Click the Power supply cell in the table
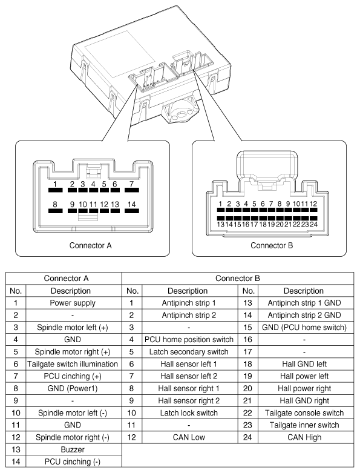coord(73,303)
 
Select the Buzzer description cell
coord(73,449)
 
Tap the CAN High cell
coord(304,437)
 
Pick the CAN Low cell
coord(189,437)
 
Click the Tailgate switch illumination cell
coord(73,364)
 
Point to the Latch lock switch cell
coord(189,412)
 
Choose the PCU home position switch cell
coord(189,339)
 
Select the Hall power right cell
coord(304,388)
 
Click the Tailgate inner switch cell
coord(304,425)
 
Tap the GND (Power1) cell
coord(73,388)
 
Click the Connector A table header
coord(67,278)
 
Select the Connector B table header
coord(238,278)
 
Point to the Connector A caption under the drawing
coord(90,245)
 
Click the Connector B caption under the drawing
coord(272,245)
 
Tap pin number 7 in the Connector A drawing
coord(132,184)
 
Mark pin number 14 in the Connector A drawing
coord(132,204)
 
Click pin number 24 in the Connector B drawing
coord(313,224)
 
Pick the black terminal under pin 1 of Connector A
coord(55,190)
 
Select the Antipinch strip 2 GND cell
coord(304,316)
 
